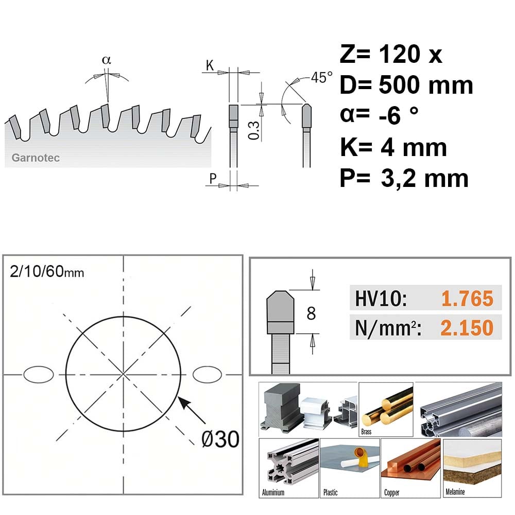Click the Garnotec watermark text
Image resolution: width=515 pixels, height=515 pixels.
36,158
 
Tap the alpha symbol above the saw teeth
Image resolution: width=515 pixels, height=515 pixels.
107,60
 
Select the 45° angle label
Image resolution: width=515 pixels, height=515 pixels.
321,78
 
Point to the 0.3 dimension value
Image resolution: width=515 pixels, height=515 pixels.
254,130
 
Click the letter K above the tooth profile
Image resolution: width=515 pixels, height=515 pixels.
210,65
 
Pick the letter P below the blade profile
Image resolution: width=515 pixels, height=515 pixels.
213,178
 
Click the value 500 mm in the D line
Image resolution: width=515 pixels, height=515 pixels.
426,85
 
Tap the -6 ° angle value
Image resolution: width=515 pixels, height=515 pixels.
399,115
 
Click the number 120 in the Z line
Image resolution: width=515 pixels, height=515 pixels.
400,54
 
